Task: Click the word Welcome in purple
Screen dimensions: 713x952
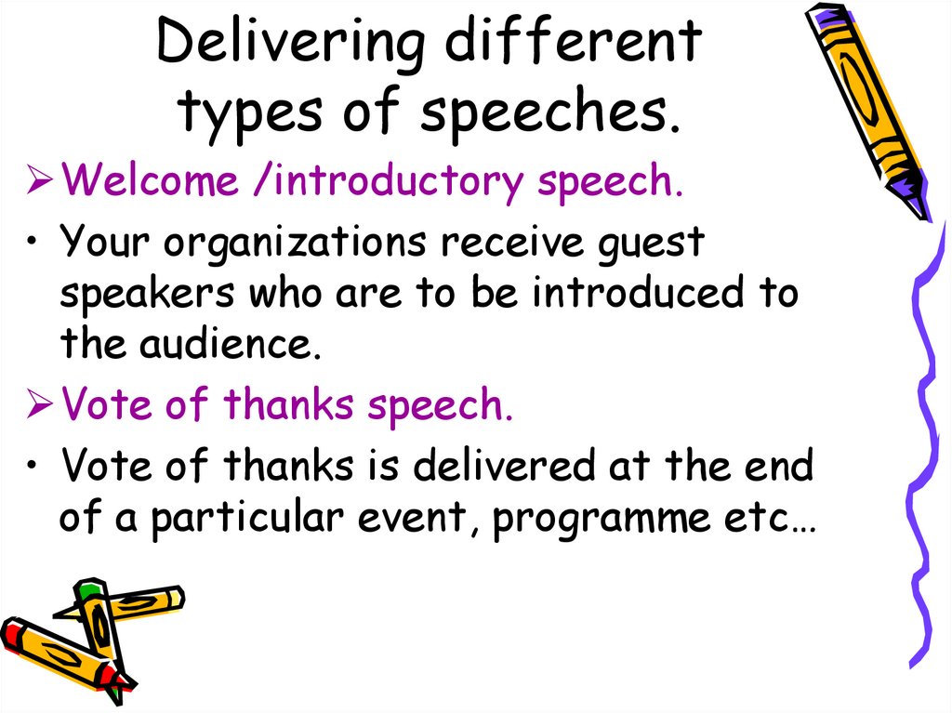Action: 150,181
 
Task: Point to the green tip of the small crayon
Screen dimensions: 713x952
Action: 88,588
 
